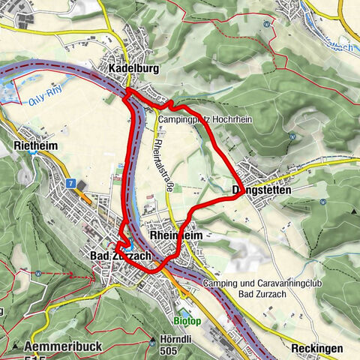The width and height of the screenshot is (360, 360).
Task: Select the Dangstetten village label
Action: tap(262, 190)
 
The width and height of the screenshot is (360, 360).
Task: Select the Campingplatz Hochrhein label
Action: tap(202, 117)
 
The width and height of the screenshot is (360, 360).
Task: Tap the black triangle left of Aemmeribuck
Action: tap(15, 346)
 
